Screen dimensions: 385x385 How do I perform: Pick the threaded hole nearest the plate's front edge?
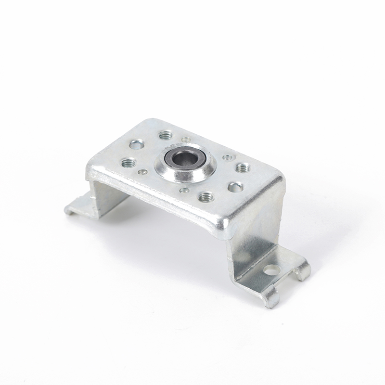click(x=206, y=196)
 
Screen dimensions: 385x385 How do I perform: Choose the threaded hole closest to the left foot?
click(x=128, y=163)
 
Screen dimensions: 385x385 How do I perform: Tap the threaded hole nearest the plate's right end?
click(x=242, y=167)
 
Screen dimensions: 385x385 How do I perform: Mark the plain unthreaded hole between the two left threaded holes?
click(x=137, y=144)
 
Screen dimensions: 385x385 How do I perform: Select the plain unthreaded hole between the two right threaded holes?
click(x=235, y=187)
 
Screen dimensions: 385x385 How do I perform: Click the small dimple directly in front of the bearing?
click(x=184, y=190)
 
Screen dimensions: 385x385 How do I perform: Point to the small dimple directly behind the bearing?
click(x=186, y=140)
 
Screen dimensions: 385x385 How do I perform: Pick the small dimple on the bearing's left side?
click(x=142, y=172)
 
